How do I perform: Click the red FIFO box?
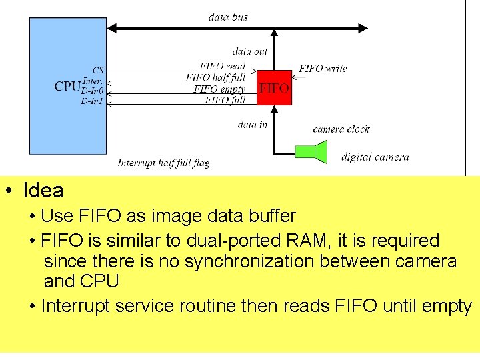[274, 87]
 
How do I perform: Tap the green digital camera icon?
[314, 151]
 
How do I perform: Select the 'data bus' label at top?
[228, 17]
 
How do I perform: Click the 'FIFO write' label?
[323, 68]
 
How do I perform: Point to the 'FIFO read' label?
[223, 66]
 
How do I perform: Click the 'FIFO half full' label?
[216, 77]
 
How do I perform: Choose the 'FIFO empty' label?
[219, 89]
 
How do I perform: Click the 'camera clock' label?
[341, 129]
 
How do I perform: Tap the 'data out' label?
[249, 51]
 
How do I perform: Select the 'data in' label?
[252, 124]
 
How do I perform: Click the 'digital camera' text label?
[375, 157]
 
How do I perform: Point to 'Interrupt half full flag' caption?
[163, 163]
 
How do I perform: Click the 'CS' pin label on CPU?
[98, 70]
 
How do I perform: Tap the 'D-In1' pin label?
[92, 101]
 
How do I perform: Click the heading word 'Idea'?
[43, 191]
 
